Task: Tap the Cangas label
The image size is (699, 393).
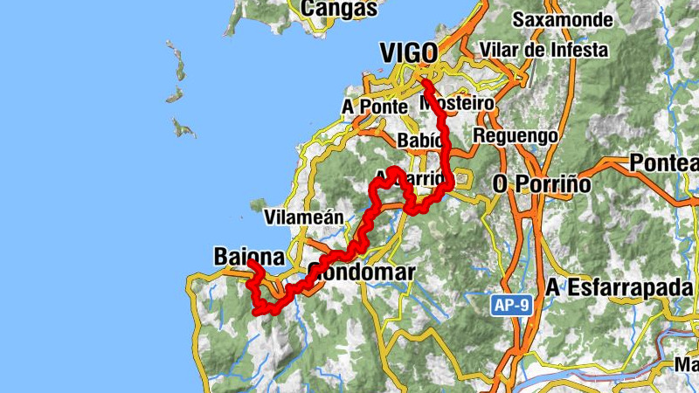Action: click(339, 9)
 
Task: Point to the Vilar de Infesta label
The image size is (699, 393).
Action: click(543, 50)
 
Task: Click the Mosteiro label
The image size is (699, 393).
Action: click(457, 103)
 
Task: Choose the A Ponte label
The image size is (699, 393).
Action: click(375, 106)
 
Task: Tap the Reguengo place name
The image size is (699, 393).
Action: click(516, 135)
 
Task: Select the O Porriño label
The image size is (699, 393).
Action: click(542, 185)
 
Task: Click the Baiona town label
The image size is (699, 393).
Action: click(249, 257)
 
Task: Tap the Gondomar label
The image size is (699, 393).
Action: click(361, 272)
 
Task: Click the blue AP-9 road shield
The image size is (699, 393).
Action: click(508, 305)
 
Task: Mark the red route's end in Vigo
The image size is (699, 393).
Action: click(424, 82)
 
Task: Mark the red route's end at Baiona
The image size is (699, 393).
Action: click(250, 263)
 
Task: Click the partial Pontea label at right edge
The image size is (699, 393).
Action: click(664, 163)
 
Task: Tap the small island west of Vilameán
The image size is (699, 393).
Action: click(258, 205)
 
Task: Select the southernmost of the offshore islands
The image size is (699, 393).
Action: click(183, 129)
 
